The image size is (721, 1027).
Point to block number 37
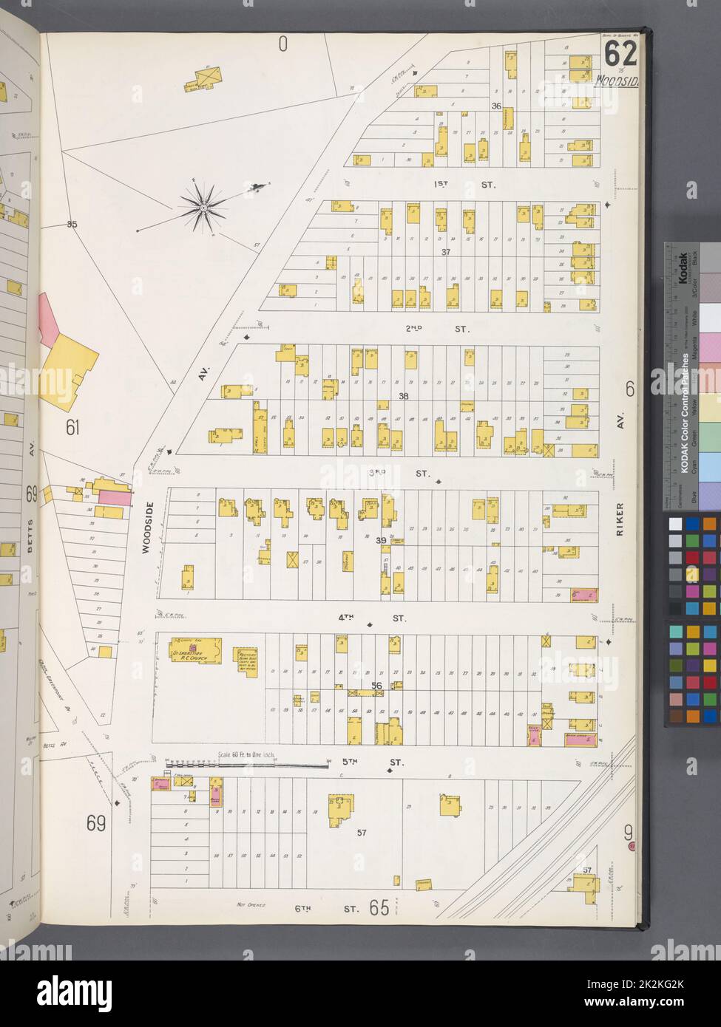[x=445, y=252]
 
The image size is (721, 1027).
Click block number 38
[x=403, y=397]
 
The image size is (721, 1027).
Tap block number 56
[x=376, y=686]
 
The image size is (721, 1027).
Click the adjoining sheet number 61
[x=72, y=427]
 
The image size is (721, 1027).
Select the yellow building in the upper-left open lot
[x=208, y=78]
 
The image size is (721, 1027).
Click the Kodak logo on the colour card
[x=684, y=267]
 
